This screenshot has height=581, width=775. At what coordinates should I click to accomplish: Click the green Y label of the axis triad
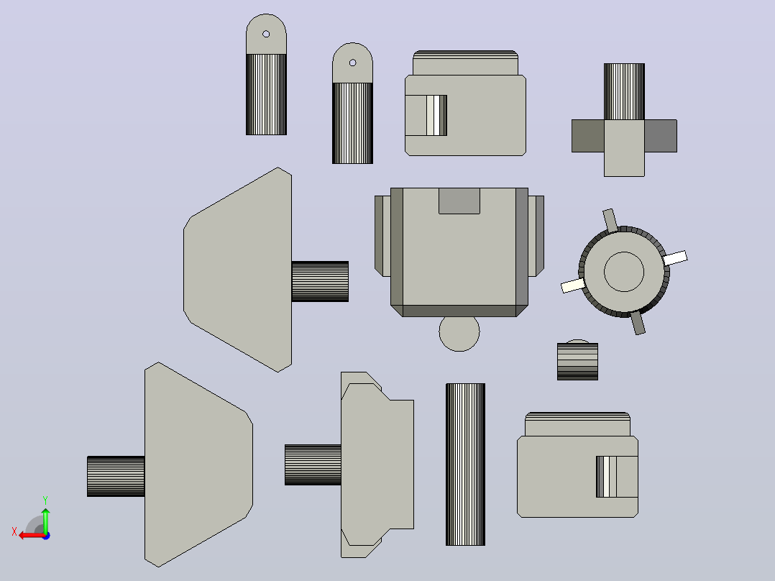point(45,500)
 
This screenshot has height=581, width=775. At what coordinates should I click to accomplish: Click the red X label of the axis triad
point(14,532)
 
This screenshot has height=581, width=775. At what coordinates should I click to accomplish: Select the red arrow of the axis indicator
point(32,536)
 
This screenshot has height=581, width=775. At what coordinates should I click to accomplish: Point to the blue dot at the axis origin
point(47,536)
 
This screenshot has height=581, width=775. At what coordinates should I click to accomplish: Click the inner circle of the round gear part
point(624,272)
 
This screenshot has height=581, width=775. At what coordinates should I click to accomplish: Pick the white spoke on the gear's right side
point(674,258)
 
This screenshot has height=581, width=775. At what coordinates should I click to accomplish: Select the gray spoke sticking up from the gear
point(610,220)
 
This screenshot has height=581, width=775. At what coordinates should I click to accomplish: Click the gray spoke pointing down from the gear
point(638,323)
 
